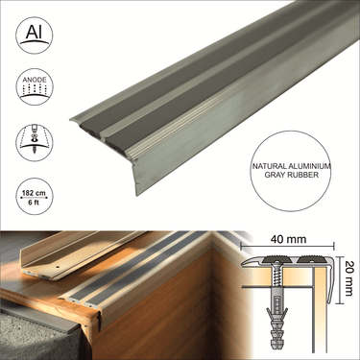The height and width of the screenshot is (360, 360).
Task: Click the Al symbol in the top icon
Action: tap(34, 33)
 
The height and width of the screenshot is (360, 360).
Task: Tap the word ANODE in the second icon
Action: tap(35, 80)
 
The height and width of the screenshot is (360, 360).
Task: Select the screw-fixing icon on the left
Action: tap(35, 141)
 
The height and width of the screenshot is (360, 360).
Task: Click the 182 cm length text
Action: tap(34, 193)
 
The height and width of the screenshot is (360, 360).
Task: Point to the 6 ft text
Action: tap(34, 203)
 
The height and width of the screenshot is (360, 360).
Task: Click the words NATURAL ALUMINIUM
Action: tap(291, 166)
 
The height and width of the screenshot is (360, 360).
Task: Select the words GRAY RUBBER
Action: tap(291, 175)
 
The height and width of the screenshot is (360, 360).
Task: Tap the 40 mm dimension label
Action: tap(288, 239)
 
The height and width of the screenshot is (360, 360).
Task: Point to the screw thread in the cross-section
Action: tap(276, 276)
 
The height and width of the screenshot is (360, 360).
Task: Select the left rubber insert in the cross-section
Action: tap(275, 259)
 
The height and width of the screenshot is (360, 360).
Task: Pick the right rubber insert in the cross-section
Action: tap(310, 259)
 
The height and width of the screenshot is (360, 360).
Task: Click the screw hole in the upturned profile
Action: tap(58, 266)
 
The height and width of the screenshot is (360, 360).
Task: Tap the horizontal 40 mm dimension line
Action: tap(287, 246)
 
